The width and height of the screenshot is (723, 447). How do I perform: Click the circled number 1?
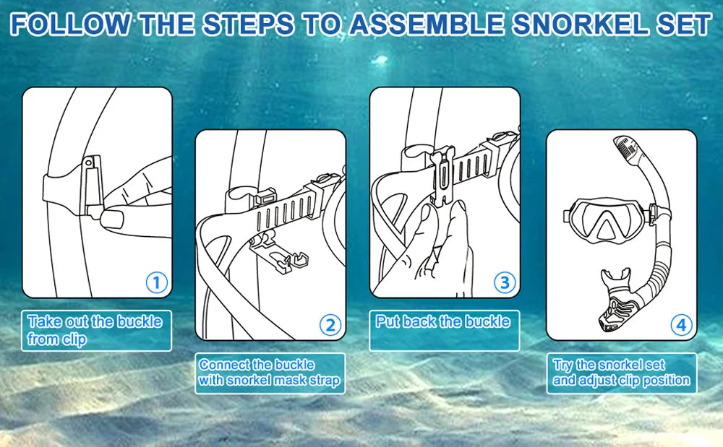pos(157,282)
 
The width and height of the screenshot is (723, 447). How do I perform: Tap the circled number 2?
pos(330,325)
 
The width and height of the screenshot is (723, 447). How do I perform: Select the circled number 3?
pos(504,282)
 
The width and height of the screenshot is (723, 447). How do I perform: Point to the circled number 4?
pos(680,325)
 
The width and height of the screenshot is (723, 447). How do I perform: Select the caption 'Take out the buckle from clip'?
pos(95,330)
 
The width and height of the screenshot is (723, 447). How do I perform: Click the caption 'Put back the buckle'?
pos(442,322)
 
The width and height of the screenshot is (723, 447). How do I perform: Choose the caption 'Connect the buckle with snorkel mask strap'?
pos(269,373)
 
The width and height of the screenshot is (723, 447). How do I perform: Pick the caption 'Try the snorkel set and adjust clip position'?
pos(621,373)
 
